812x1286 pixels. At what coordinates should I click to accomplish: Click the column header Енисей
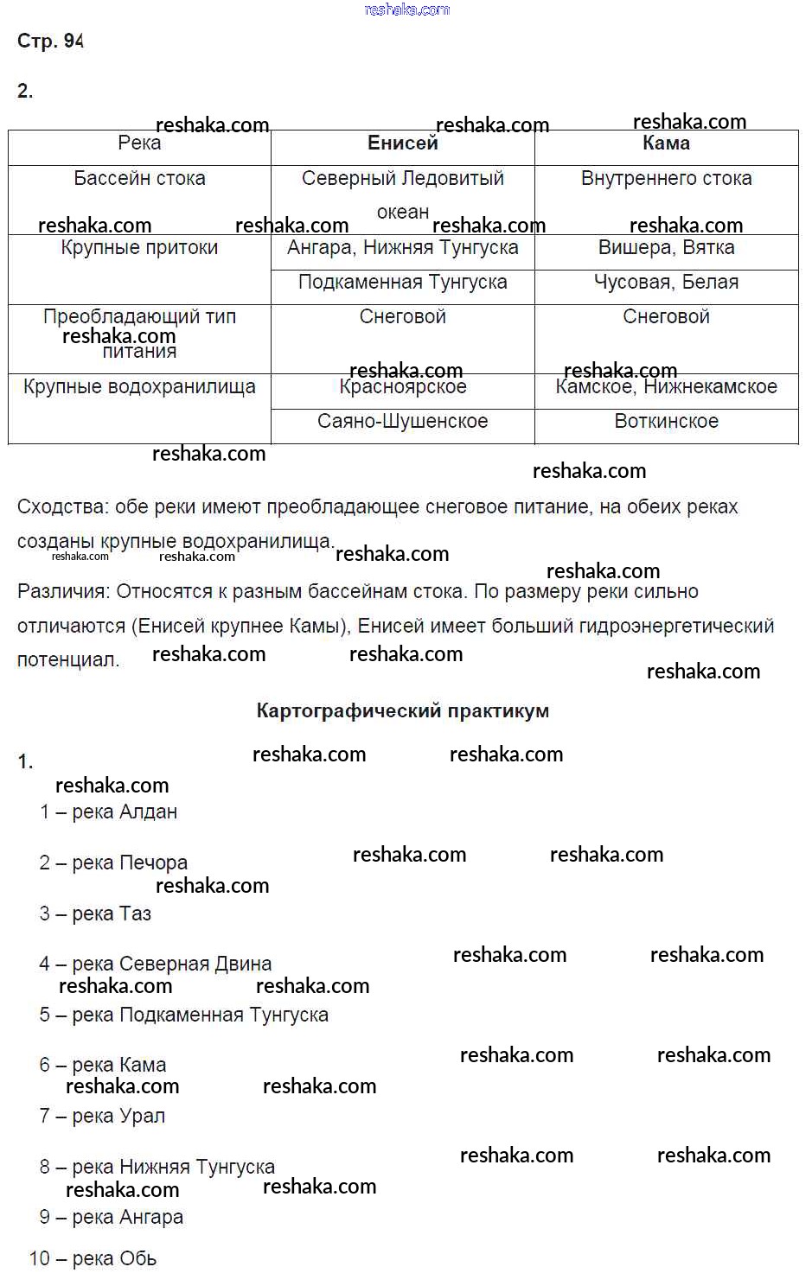click(402, 143)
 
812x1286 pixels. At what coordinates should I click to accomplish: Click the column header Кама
click(666, 143)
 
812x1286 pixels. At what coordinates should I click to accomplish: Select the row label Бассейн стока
click(139, 179)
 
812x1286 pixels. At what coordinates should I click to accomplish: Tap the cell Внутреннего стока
click(666, 179)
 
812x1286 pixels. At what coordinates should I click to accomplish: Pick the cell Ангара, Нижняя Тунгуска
click(402, 248)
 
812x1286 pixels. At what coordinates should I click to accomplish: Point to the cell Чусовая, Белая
click(666, 283)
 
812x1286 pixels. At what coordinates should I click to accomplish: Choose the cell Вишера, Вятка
click(666, 248)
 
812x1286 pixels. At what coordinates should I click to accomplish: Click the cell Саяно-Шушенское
click(402, 422)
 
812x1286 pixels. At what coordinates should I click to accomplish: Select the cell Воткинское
click(666, 422)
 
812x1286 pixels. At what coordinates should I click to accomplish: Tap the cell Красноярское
click(402, 387)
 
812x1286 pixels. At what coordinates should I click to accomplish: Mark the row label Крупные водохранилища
click(139, 387)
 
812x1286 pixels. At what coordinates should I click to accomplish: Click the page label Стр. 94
click(50, 41)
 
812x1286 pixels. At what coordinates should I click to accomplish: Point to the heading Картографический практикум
click(402, 711)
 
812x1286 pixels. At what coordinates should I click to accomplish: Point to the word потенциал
click(67, 660)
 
